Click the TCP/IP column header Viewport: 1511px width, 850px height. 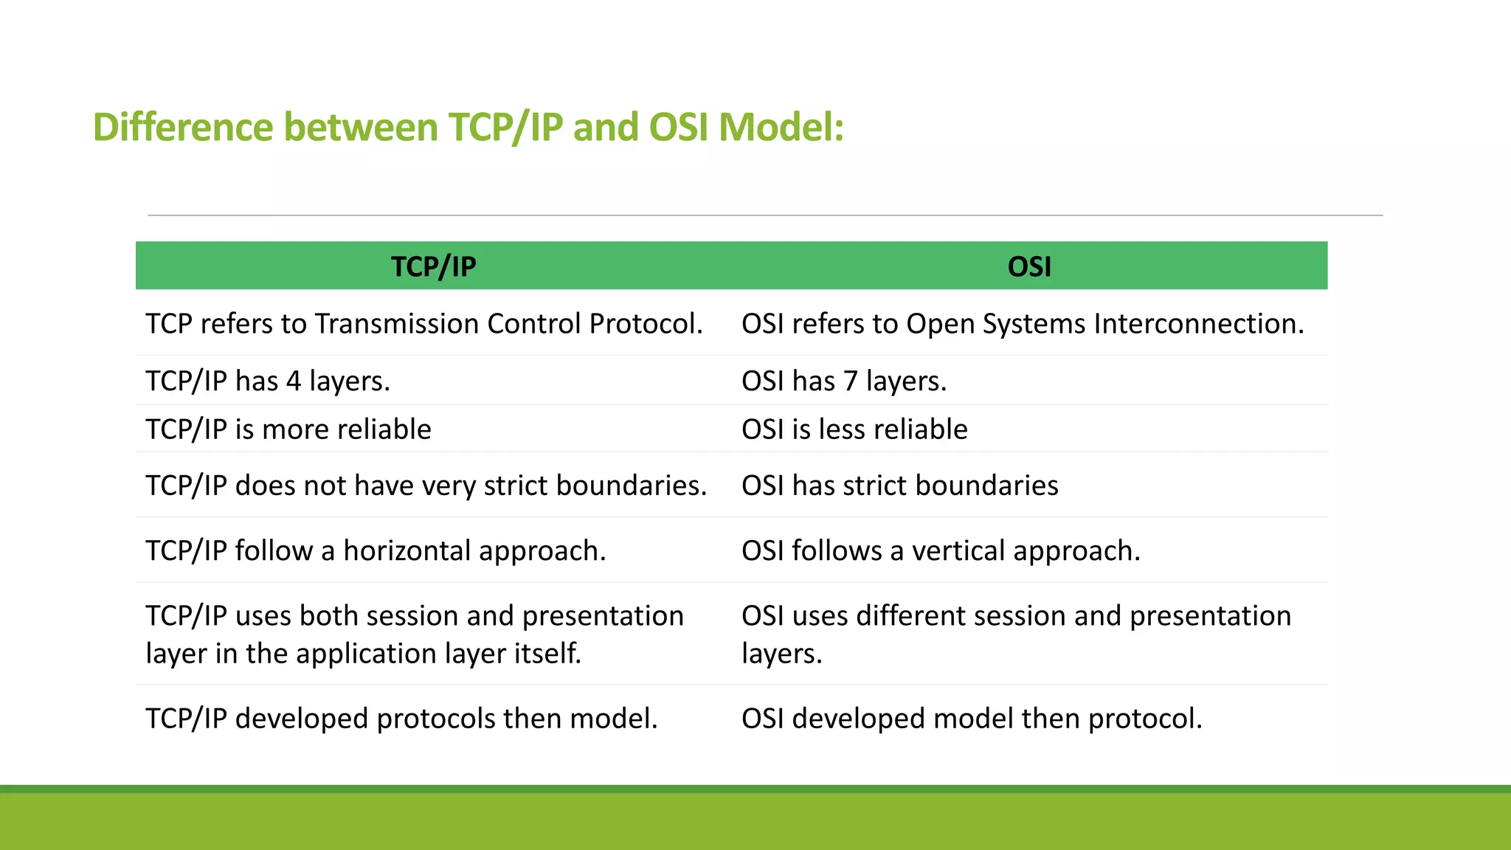click(x=433, y=266)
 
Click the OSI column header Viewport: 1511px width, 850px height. click(x=1029, y=266)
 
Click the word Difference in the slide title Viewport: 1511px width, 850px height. click(x=183, y=127)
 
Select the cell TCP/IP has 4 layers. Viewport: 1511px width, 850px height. click(x=268, y=381)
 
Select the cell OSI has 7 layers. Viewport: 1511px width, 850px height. click(x=844, y=381)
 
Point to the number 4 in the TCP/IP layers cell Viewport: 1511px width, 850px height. click(x=294, y=381)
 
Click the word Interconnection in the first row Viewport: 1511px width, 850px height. click(x=1199, y=324)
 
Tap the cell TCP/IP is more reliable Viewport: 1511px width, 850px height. click(x=288, y=429)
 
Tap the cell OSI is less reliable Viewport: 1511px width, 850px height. click(x=854, y=429)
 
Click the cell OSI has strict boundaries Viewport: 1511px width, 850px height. click(x=900, y=486)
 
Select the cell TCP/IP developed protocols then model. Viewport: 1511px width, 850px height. click(x=401, y=719)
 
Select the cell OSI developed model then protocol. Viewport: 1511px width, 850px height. click(x=972, y=719)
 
